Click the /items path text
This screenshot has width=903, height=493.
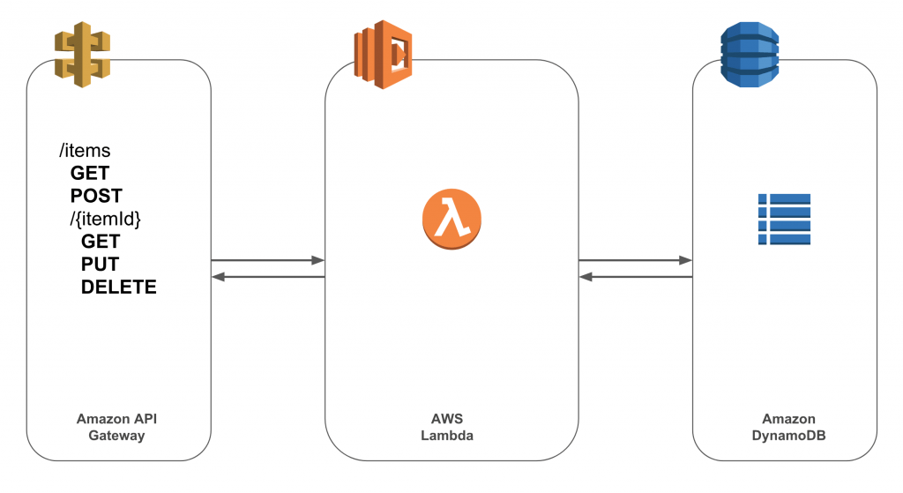point(85,152)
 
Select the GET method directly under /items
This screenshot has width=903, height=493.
point(90,174)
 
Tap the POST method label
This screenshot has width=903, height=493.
point(96,196)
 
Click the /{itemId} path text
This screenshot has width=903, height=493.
point(100,219)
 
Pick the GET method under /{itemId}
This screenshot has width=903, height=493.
point(101,241)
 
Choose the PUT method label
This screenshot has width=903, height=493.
point(100,264)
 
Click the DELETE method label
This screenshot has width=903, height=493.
point(119,287)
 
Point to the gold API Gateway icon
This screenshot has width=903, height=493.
point(82,56)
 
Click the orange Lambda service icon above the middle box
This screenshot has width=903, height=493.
point(384,56)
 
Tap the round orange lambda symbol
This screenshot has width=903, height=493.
point(451,218)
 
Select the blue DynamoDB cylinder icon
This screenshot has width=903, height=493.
point(749,55)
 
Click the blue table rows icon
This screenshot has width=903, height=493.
point(784,219)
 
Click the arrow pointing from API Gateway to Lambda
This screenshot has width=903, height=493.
point(268,260)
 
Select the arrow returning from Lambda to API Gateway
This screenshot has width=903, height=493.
point(268,277)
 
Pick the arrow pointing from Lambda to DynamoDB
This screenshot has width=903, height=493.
point(635,260)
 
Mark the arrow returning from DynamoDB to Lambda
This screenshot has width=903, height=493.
point(635,277)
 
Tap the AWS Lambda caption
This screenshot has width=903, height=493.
point(451,427)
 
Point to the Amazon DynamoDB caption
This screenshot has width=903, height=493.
point(788,427)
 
